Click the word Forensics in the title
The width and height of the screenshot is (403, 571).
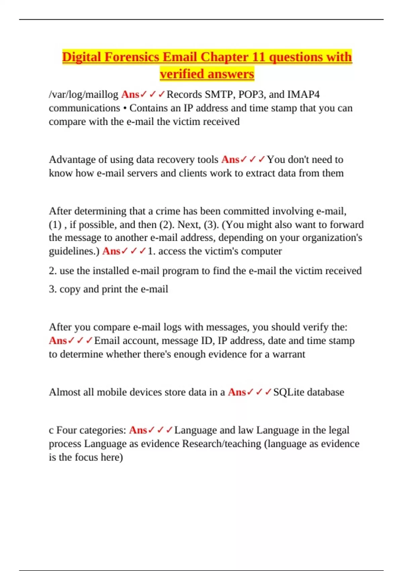click(x=132, y=57)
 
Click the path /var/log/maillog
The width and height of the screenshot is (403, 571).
click(x=84, y=95)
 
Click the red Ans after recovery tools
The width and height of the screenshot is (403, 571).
click(x=230, y=160)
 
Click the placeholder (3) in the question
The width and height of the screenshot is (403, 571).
click(x=211, y=224)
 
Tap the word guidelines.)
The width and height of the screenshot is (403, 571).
click(x=74, y=251)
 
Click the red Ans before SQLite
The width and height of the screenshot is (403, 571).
click(x=237, y=392)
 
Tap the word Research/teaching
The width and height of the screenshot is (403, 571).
click(x=222, y=444)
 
